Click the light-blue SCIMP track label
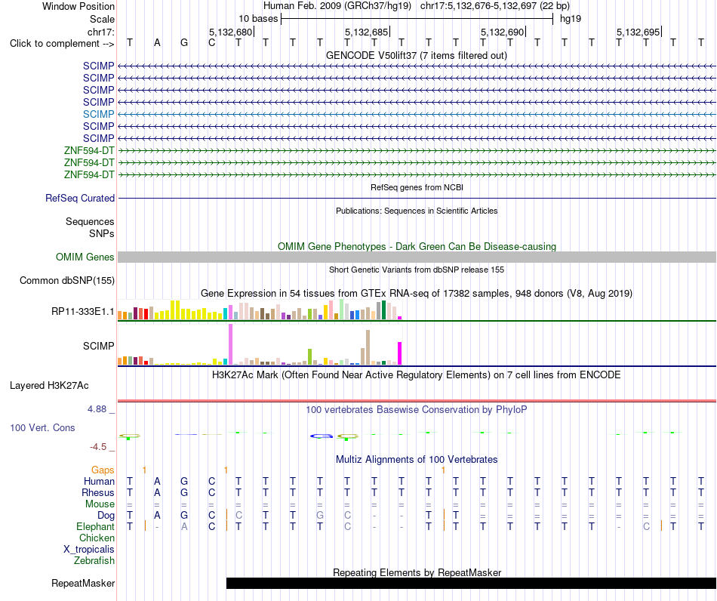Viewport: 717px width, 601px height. [98, 114]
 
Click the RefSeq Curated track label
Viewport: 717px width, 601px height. [80, 198]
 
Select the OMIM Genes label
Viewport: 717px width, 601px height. [85, 257]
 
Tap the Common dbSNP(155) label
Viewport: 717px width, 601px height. [67, 280]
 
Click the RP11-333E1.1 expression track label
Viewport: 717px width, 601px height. [83, 312]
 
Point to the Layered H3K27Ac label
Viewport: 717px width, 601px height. [49, 386]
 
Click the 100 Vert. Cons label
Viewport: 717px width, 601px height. [42, 427]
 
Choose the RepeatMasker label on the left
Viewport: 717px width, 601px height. [83, 583]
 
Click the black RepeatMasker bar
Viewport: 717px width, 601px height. [472, 583]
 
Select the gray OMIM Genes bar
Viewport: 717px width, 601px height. [417, 257]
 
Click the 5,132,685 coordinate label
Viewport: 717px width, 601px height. [367, 32]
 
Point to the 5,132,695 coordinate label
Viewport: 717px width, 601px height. [639, 32]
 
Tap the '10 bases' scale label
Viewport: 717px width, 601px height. [258, 19]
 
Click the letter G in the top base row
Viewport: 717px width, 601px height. [184, 43]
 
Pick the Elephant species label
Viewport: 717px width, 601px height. [96, 526]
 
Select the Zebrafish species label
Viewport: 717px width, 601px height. [94, 560]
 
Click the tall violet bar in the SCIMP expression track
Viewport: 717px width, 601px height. [230, 344]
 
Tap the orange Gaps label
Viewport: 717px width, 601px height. [103, 470]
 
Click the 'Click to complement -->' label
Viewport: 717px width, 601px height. [62, 44]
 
